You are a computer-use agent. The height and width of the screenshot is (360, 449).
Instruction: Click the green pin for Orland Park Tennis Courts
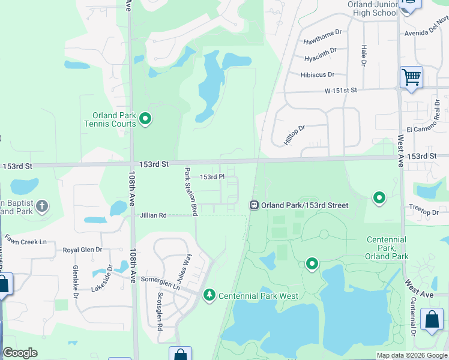(x=145, y=120)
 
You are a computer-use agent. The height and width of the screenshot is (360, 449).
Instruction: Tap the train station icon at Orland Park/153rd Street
(x=254, y=205)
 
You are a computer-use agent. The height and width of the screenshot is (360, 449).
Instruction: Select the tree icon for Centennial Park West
(x=209, y=295)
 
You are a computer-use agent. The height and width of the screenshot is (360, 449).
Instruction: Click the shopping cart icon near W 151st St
(x=411, y=77)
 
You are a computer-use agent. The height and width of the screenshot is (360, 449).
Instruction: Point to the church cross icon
(x=41, y=207)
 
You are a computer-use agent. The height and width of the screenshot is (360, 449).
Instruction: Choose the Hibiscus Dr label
(x=317, y=74)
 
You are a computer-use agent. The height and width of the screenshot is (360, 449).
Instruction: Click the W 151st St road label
(x=341, y=90)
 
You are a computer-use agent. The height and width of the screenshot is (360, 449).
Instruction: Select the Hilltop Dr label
(x=295, y=136)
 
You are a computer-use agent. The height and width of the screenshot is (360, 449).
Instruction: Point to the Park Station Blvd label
(x=191, y=192)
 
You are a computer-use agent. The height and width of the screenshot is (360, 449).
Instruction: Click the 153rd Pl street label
(x=212, y=177)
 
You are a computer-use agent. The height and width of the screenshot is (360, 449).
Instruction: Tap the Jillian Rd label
(x=153, y=215)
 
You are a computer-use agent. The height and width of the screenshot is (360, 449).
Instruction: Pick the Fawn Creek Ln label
(x=25, y=241)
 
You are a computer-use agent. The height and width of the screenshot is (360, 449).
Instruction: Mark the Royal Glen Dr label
(x=83, y=250)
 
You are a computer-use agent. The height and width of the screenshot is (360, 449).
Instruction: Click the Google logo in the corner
(x=20, y=353)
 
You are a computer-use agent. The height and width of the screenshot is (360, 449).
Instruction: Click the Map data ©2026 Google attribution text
(x=412, y=355)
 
